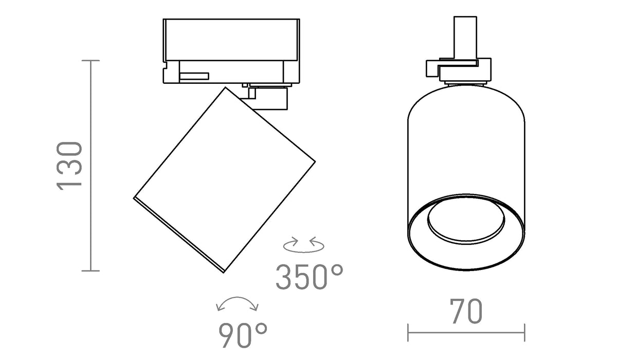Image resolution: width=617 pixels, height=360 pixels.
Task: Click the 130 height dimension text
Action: (69, 166)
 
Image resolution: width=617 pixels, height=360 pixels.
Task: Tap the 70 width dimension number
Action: (466, 311)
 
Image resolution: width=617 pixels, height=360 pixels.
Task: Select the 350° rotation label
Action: (310, 277)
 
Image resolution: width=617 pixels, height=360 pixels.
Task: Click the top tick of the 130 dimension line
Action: (90, 61)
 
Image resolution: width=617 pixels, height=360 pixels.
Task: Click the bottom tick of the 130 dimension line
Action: (90, 271)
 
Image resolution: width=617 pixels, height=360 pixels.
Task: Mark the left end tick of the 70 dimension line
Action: (408, 332)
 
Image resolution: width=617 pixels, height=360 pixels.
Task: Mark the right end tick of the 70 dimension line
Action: (524, 332)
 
